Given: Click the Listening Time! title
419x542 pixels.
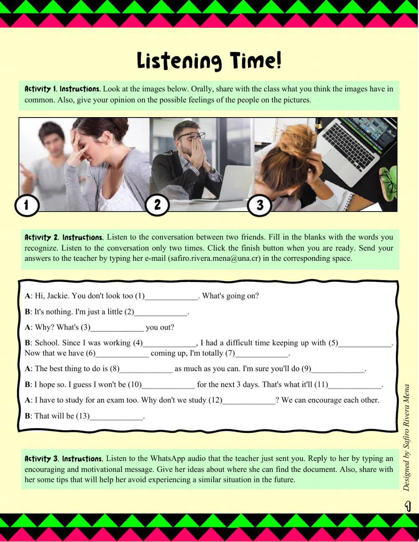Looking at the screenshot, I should (209, 61).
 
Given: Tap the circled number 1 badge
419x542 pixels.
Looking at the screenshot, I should (26, 205).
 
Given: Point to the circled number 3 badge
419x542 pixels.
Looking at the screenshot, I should (259, 205).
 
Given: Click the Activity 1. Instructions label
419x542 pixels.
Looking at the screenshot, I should (62, 89).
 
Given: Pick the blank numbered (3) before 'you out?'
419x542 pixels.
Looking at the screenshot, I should (117, 327).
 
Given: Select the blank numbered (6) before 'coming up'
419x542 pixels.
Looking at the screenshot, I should (122, 353).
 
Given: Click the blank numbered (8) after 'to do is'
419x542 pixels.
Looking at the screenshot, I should (146, 369).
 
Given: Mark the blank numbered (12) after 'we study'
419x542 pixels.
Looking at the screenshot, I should (249, 401).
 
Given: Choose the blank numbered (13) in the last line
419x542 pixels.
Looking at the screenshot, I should (116, 416).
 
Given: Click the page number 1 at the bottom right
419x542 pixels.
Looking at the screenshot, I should (407, 507).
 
